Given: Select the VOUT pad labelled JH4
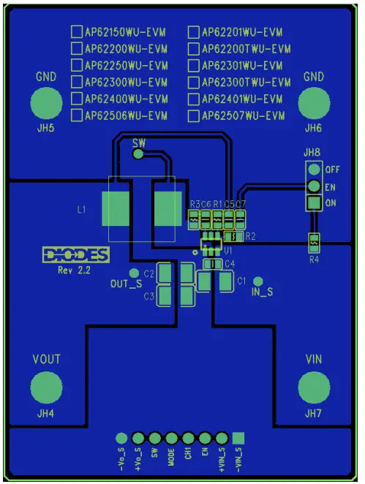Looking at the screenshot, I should coord(46,387).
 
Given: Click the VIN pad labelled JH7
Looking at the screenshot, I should coord(314,387).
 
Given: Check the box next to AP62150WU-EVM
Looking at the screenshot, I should coord(76,32).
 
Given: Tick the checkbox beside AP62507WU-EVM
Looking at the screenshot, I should coord(194,116).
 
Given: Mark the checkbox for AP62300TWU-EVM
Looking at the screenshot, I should coord(194,82).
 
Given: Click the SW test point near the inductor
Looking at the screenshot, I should coord(138,156).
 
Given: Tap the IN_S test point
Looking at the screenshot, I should coord(257,281).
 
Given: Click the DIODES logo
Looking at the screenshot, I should coord(75,255).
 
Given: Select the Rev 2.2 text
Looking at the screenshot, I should coord(73,269).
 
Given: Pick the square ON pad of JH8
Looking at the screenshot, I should coord(314,203).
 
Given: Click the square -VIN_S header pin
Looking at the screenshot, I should coord(238,438).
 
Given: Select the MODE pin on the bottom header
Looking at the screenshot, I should coord(171,438).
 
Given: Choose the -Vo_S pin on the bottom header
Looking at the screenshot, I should coord(121,438).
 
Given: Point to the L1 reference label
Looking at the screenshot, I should coord(82,210).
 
